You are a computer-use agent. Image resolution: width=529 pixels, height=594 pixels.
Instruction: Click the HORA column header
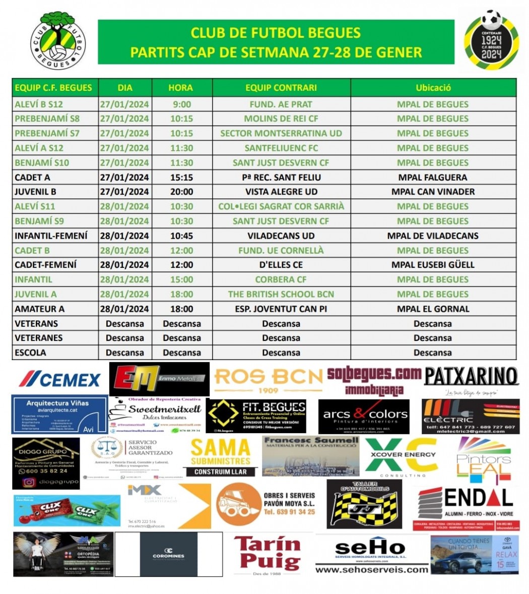coord(180,88)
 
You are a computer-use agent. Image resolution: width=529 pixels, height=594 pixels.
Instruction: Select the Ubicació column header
coord(433,88)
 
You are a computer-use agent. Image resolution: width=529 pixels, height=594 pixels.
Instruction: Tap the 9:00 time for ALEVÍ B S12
coord(181,104)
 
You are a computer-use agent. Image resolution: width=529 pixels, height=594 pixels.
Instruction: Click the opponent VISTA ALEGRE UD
coord(281,192)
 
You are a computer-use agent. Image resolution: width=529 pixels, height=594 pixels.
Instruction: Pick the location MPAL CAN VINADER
coord(433,192)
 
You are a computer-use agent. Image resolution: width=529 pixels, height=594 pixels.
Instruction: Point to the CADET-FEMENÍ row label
coord(46,265)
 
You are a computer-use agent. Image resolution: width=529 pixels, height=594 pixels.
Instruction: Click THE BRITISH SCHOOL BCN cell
coord(281,294)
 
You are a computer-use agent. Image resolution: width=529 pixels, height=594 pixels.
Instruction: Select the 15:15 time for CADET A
coord(181,177)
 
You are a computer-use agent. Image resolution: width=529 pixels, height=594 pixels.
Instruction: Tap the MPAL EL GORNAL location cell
coord(433,309)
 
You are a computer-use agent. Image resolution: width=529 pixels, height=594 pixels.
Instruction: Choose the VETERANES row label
coord(39,338)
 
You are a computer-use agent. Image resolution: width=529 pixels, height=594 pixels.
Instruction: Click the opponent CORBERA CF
coord(281,279)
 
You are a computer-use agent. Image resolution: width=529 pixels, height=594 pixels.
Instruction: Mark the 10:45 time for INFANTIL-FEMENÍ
coord(181,235)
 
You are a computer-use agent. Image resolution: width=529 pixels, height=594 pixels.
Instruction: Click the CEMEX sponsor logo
coord(60,379)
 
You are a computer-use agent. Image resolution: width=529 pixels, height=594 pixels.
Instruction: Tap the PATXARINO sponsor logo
coord(471,377)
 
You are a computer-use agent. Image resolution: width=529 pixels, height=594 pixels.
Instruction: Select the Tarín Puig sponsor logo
coord(268,554)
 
